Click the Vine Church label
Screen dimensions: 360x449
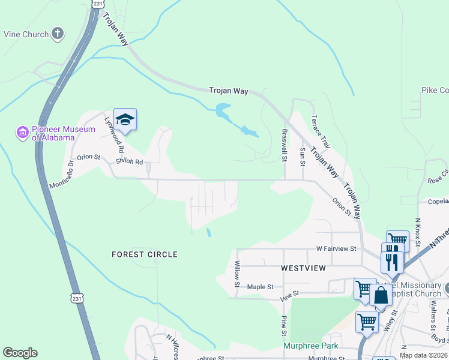coord(26,34)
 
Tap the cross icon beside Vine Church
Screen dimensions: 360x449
coord(58,34)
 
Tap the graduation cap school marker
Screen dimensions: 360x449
coord(125,119)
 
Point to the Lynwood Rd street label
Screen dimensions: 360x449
coord(114,134)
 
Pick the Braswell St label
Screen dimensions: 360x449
coord(285,145)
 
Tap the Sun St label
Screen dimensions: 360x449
coord(302,157)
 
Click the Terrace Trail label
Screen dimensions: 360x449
coord(320,132)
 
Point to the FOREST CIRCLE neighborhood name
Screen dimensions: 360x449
coord(145,254)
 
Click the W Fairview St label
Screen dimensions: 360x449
coord(336,248)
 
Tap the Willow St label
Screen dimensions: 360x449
coord(238,272)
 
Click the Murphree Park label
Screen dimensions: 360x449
coord(311,346)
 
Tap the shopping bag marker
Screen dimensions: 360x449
coord(381,296)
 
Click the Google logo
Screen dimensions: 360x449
coord(20,353)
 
